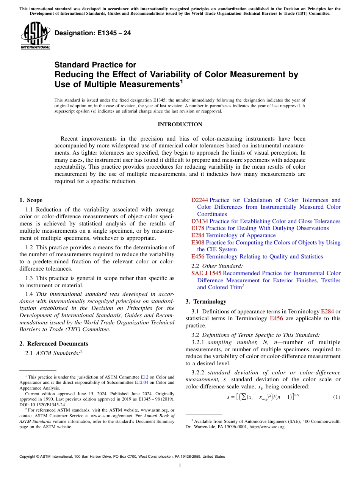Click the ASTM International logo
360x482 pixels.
(35, 36)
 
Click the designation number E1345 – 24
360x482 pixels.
(93, 33)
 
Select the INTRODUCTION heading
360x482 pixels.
(180, 124)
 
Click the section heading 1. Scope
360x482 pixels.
(31, 200)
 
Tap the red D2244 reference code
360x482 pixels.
(200, 200)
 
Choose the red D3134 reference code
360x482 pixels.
(200, 221)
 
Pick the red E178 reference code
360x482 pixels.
(198, 228)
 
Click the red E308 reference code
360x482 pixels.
(198, 243)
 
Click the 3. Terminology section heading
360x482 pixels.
(205, 302)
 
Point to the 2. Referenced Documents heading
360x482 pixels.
(53, 344)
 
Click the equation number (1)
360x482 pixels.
(337, 397)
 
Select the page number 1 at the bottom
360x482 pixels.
(180, 466)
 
